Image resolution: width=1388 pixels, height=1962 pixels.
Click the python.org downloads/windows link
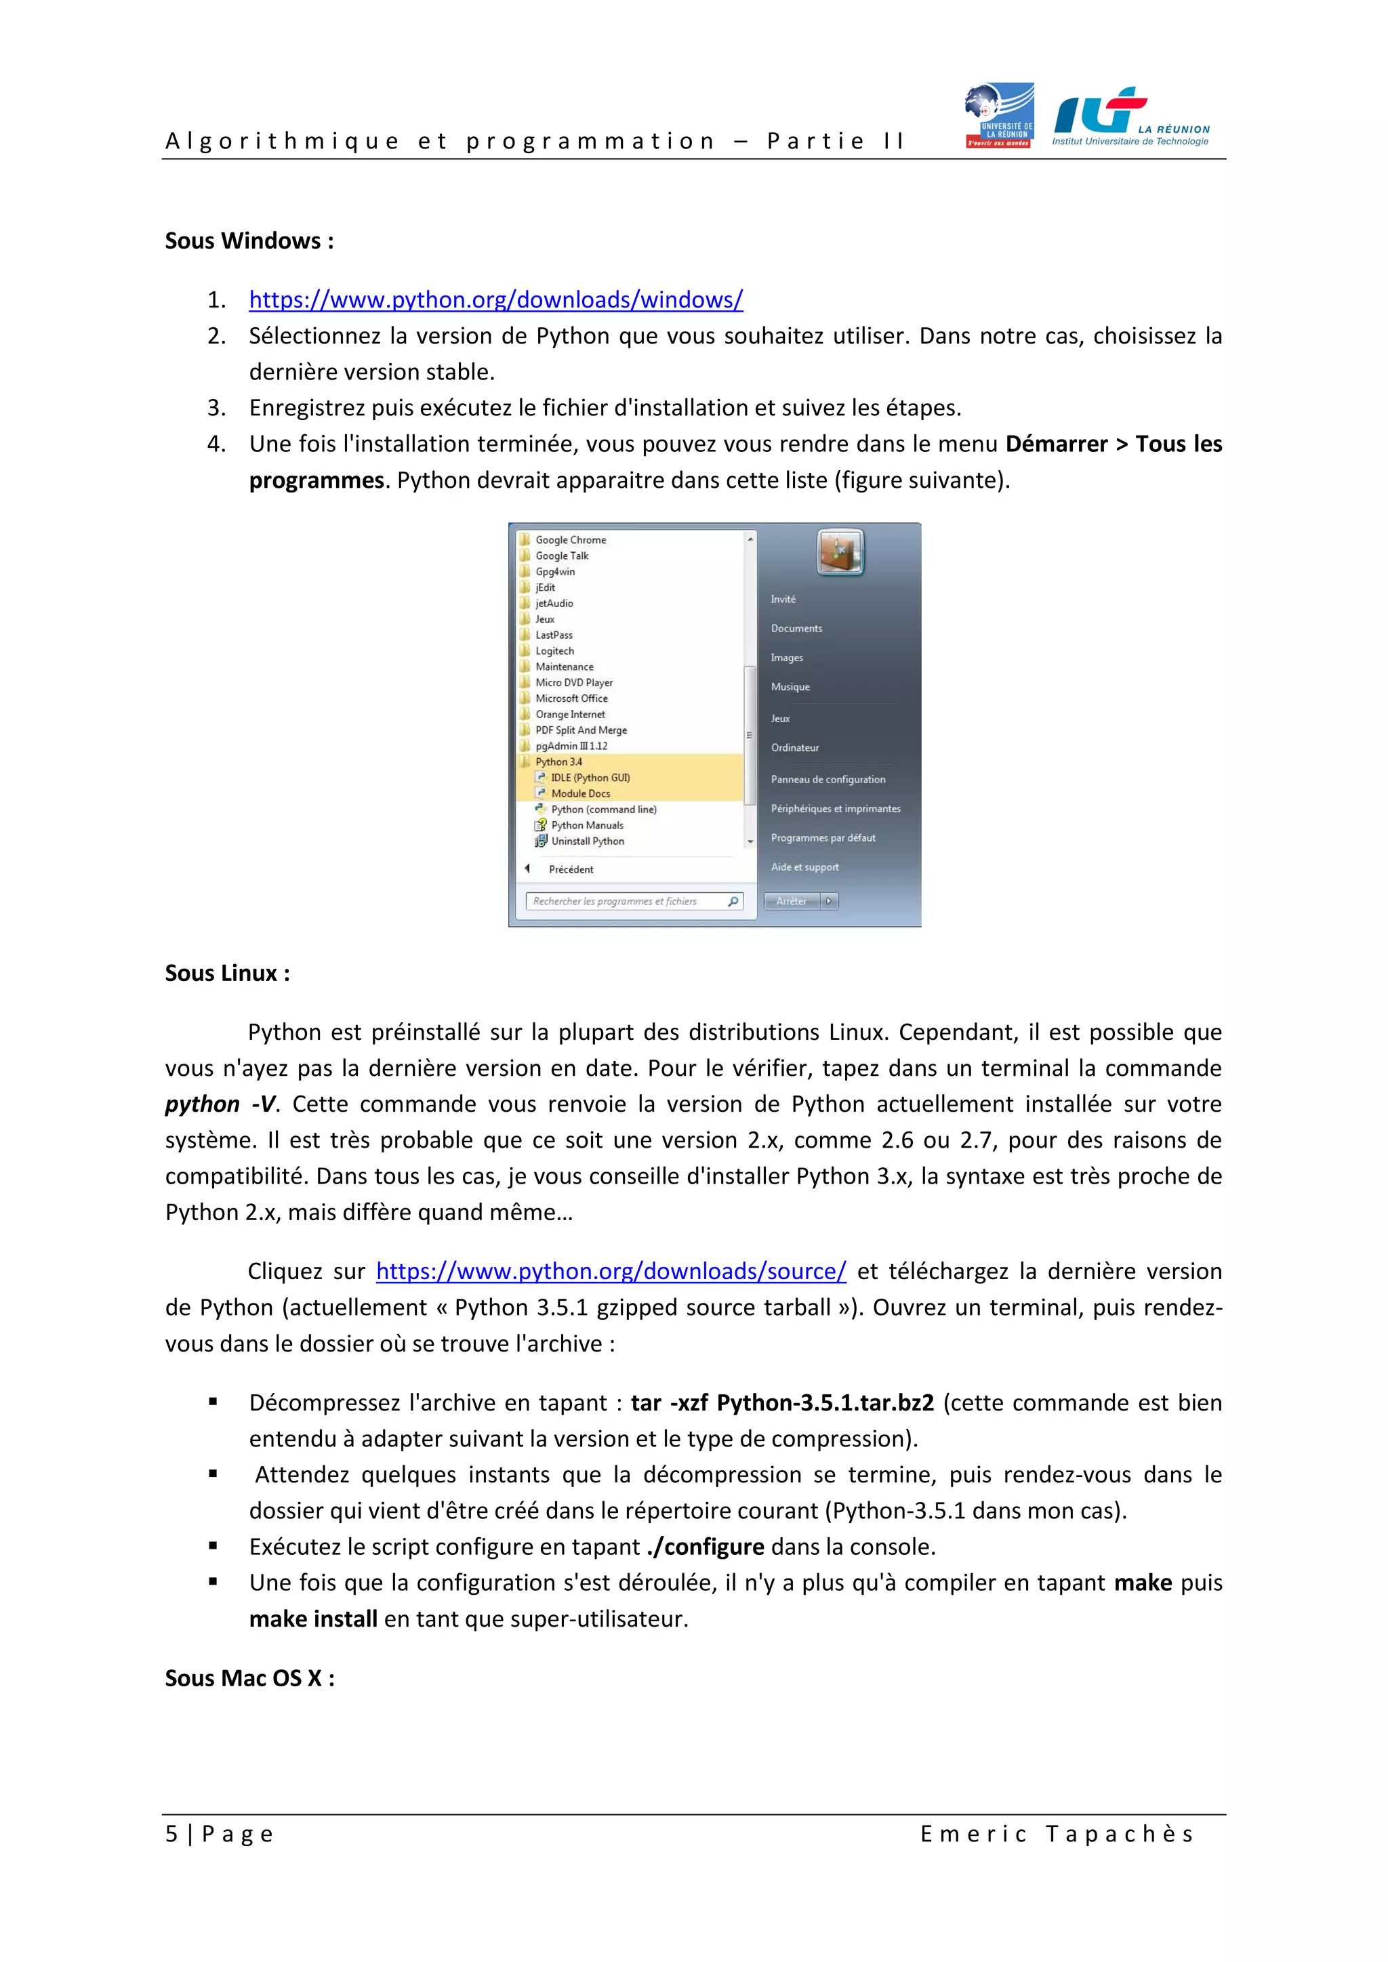coord(495,300)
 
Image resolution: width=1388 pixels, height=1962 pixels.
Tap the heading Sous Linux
coord(227,974)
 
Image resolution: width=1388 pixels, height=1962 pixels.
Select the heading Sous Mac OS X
coord(249,1678)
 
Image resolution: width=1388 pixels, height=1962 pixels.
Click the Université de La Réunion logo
coord(999,115)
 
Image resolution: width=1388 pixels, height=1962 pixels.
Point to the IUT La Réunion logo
coord(1130,117)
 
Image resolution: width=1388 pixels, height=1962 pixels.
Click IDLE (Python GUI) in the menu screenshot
coord(590,778)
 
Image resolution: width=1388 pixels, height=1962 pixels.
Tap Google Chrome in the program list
coord(570,540)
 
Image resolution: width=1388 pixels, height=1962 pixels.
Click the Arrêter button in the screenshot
coord(792,900)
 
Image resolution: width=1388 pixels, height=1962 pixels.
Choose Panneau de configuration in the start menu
coord(828,779)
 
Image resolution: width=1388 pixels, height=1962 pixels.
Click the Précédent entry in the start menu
coord(570,869)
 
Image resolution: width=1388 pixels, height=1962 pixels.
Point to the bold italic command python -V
coord(220,1104)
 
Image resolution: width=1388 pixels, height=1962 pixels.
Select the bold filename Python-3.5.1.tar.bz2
coord(825,1403)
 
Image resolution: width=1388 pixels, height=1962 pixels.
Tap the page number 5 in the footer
coord(171,1834)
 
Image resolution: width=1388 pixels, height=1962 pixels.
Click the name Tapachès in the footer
coord(1120,1834)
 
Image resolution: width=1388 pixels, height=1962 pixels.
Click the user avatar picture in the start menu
coord(840,552)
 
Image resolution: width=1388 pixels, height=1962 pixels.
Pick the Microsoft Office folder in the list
coord(571,698)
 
